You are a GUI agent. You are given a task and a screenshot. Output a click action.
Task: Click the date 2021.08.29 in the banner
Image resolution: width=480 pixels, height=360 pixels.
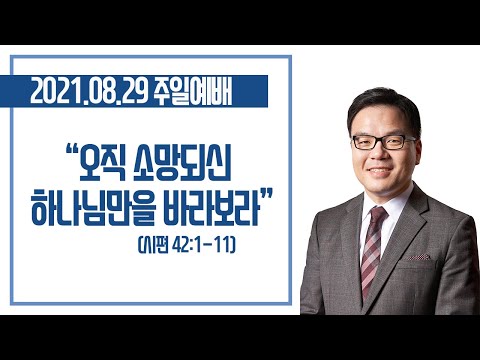(x=89, y=92)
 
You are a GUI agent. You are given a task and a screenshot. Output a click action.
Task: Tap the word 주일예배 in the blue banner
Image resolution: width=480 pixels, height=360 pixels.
(x=194, y=92)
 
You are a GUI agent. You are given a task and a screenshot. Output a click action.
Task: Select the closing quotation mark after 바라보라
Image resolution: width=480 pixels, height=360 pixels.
(x=266, y=194)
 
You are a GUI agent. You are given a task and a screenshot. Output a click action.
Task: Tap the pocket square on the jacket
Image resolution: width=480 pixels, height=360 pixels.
(x=418, y=257)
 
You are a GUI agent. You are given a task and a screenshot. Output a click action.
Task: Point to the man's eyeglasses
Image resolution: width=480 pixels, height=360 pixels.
(x=383, y=142)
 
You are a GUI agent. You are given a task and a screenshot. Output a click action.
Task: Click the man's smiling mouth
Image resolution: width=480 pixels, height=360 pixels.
(x=379, y=171)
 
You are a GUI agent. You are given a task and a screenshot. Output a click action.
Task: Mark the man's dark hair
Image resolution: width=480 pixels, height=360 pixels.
(x=383, y=107)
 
